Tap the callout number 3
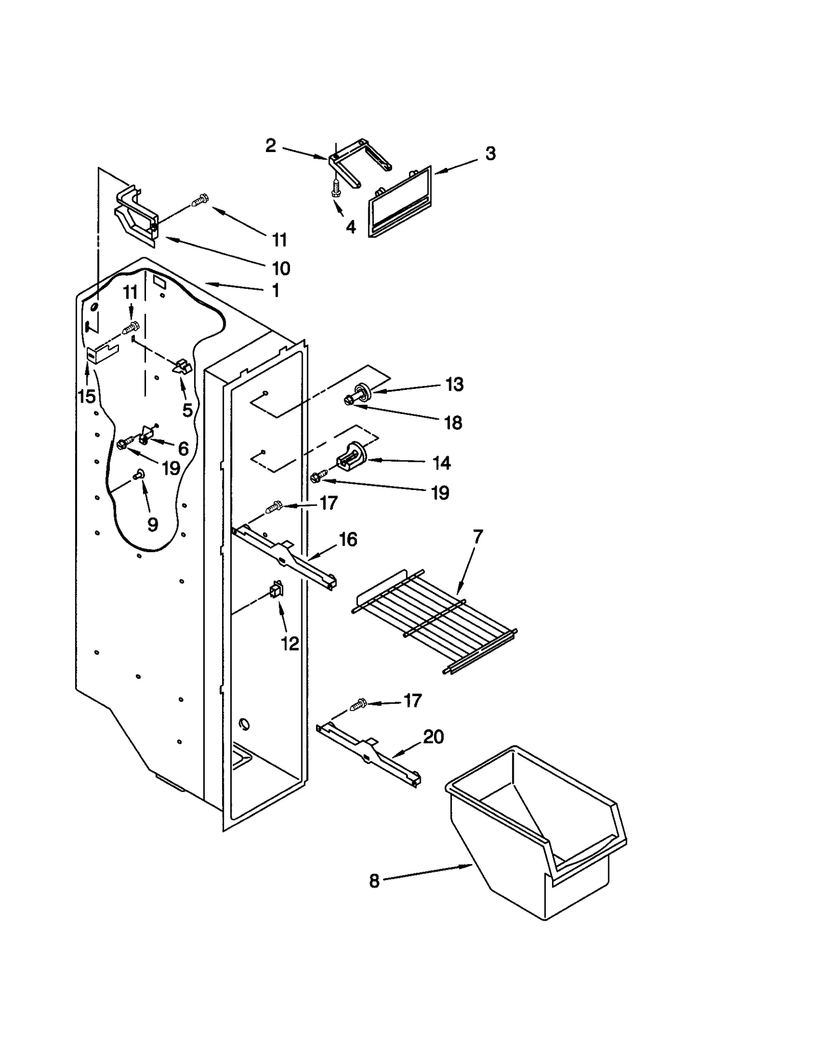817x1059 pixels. coord(490,154)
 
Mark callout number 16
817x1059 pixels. coord(348,539)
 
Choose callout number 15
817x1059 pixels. coord(87,396)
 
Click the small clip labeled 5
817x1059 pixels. coord(181,366)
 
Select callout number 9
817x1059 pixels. coord(152,524)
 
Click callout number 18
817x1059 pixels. coord(453,423)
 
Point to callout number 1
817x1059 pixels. coord(276,291)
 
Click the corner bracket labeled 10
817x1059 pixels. coord(135,214)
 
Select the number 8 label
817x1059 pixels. coord(374,881)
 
